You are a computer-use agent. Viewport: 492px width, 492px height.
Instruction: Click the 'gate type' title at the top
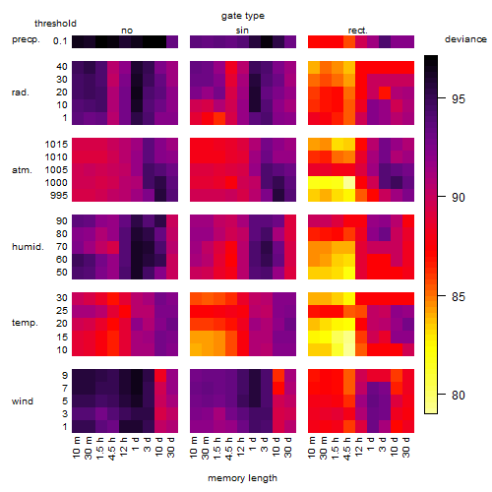243,16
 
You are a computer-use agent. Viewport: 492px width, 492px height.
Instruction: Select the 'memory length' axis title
242,478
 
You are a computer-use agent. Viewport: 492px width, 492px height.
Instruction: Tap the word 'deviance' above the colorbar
465,39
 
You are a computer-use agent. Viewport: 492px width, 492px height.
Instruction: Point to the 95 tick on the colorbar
442,97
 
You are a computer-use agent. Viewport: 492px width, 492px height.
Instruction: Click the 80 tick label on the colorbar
459,395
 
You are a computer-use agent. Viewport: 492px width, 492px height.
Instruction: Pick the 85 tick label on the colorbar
459,296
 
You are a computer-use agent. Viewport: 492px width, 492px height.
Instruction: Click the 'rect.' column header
358,31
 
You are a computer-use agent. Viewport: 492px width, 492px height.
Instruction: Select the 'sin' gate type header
242,31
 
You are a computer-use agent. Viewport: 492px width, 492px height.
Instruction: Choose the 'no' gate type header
127,31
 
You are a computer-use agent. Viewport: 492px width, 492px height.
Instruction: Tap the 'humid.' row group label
28,247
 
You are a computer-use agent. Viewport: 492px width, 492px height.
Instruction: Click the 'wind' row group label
23,401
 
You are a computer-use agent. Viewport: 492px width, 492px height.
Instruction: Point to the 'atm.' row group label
22,170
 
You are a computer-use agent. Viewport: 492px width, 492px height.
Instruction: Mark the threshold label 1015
56,145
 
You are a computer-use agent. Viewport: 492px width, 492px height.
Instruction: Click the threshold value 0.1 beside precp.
60,41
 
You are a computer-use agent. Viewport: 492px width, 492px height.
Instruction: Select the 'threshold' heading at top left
55,24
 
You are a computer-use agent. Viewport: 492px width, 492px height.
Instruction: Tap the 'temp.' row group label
25,323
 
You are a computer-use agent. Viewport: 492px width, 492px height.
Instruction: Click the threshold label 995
59,196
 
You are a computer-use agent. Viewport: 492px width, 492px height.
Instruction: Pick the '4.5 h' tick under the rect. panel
347,449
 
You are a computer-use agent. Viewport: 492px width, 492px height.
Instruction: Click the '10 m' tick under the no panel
76,447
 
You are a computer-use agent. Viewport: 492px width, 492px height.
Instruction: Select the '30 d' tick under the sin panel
288,447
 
